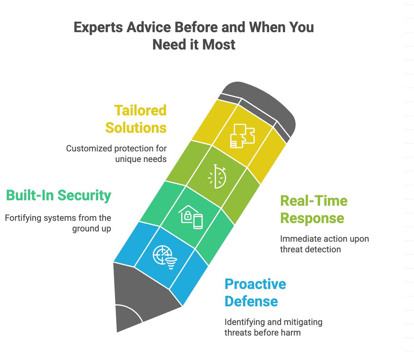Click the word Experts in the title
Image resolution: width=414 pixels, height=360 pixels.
(98, 27)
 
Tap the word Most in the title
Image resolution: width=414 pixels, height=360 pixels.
(219, 45)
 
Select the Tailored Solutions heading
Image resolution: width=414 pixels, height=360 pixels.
(136, 119)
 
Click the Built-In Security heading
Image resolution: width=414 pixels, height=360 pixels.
(59, 195)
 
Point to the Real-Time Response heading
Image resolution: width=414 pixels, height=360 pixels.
(314, 210)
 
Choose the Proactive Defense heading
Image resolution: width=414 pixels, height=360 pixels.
(255, 293)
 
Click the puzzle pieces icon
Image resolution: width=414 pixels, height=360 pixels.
(242, 136)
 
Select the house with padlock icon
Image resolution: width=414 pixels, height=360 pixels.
(191, 217)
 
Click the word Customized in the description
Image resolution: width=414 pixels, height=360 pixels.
(89, 148)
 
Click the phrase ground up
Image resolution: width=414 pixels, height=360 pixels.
(92, 229)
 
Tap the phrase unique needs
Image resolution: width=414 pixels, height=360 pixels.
(141, 159)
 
